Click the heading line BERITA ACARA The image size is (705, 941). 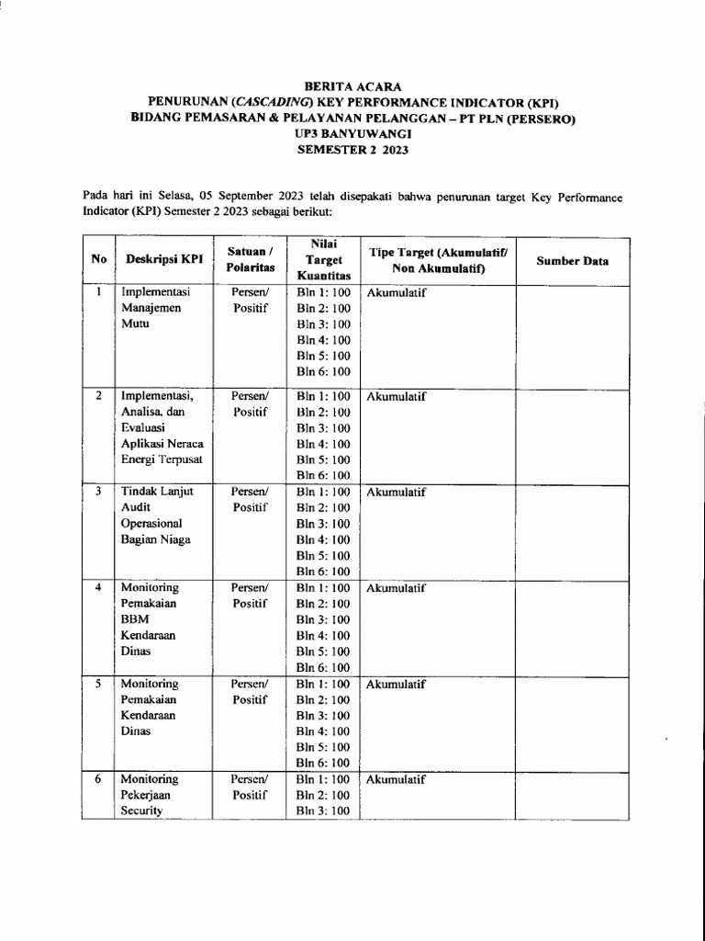click(x=353, y=85)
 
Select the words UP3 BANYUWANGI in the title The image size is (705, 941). click(x=353, y=133)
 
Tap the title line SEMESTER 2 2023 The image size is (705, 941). click(x=353, y=150)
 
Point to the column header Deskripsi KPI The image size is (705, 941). click(x=164, y=261)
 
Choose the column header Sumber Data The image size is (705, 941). click(x=572, y=261)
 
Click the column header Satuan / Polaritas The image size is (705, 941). click(x=249, y=259)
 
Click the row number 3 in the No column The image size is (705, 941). click(x=97, y=492)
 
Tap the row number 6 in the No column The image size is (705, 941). click(x=97, y=779)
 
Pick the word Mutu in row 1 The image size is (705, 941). click(x=135, y=324)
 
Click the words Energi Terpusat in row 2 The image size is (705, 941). click(x=162, y=459)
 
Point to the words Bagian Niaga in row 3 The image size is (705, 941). click(x=155, y=539)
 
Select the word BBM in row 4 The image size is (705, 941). click(x=135, y=619)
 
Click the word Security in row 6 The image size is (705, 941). click(x=141, y=811)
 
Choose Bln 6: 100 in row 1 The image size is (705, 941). click(x=323, y=372)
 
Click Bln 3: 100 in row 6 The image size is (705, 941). click(x=323, y=811)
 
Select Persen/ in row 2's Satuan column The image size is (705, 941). click(x=249, y=396)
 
